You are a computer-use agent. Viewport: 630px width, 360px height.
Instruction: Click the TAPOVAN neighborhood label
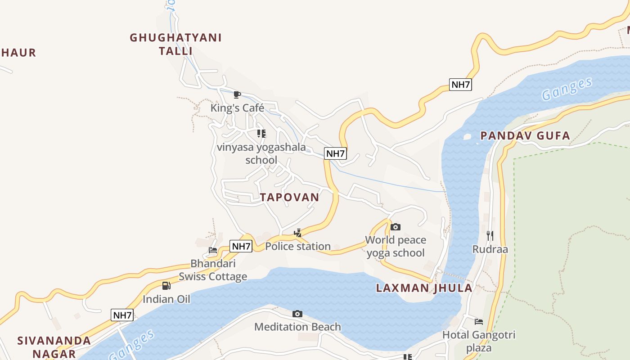pos(289,197)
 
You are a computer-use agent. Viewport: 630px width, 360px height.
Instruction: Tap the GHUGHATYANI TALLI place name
pos(175,44)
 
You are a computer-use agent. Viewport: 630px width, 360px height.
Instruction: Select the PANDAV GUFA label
pos(525,135)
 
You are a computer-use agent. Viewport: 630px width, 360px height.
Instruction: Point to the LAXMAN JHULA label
pos(424,288)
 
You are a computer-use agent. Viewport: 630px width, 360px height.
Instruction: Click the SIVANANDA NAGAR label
pos(54,346)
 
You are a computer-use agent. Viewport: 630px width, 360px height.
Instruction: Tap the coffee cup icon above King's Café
pos(237,94)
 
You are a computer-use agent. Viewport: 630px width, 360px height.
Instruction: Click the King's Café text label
pos(237,108)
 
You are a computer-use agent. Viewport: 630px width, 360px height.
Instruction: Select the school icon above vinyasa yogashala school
pos(261,134)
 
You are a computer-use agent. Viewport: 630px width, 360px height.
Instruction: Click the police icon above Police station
pos(297,233)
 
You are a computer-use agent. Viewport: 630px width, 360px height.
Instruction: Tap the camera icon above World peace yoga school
pos(396,227)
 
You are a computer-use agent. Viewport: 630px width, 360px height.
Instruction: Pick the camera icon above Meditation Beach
pos(297,314)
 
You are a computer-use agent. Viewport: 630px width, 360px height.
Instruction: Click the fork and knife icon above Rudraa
pos(490,235)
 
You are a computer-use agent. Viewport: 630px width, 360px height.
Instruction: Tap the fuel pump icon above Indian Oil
pos(166,286)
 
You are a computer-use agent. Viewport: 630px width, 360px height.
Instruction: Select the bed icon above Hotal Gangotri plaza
pos(479,321)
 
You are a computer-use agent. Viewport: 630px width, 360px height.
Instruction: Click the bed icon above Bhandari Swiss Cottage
pos(213,250)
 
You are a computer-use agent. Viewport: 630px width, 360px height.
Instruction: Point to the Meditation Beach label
pos(297,327)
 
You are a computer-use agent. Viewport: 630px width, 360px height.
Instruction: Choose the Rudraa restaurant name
pos(490,249)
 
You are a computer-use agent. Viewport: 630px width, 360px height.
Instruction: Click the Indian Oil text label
pos(166,299)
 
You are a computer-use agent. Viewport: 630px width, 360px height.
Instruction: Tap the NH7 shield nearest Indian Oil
pos(122,315)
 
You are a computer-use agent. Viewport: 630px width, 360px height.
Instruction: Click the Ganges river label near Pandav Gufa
pos(567,89)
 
